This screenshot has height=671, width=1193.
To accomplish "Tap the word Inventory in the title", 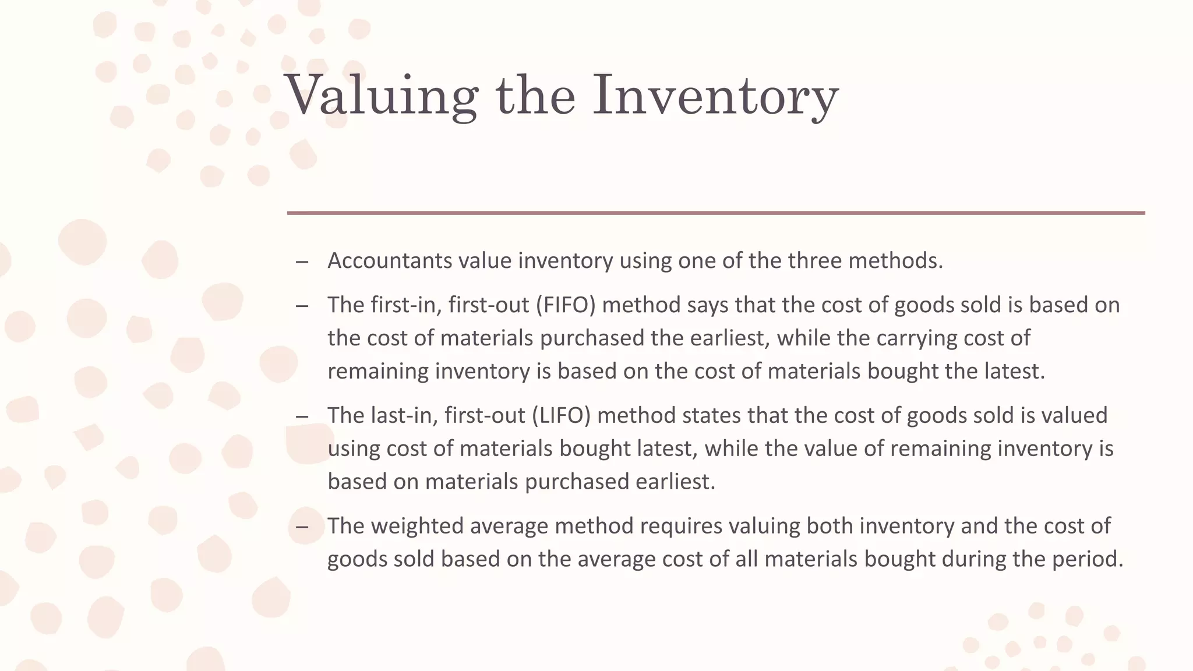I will (715, 96).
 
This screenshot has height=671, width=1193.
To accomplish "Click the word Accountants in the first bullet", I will (389, 260).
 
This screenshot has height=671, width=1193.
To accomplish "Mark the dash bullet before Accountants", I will (302, 262).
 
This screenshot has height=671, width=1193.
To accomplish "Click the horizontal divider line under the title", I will (715, 213).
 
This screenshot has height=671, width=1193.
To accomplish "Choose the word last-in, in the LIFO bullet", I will (404, 415).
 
